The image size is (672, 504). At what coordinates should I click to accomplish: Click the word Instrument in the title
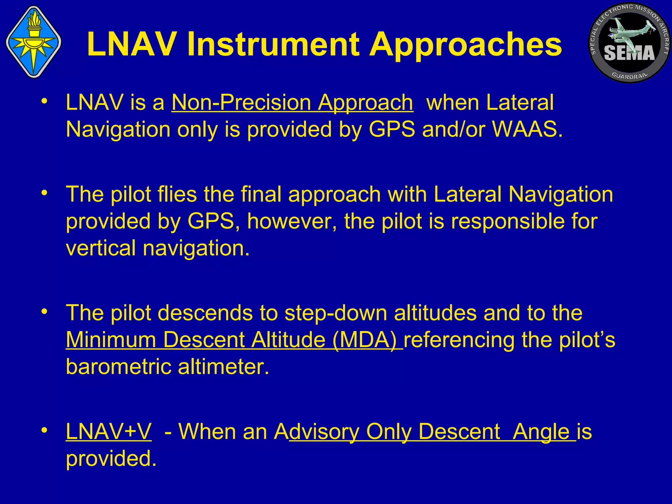click(x=274, y=44)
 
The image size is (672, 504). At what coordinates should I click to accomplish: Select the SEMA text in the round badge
click(x=629, y=53)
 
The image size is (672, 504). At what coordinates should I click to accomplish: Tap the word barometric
click(x=118, y=366)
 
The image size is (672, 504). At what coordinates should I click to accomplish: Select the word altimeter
click(x=223, y=366)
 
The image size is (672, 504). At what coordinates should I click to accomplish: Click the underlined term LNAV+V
click(x=109, y=431)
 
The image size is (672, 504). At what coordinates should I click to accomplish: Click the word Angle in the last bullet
click(x=541, y=431)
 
